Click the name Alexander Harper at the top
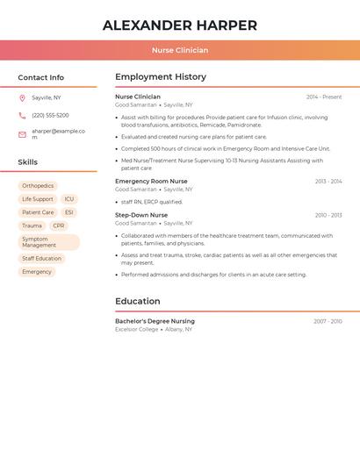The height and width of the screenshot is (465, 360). click(x=180, y=25)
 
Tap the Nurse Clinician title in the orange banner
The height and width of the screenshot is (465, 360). click(x=180, y=51)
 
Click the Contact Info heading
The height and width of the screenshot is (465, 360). click(x=41, y=77)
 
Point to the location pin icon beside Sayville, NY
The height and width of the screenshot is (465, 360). click(x=22, y=97)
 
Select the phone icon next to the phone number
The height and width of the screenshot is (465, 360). click(x=22, y=115)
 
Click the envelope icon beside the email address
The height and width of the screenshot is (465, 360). click(x=22, y=134)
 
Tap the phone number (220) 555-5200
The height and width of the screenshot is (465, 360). click(x=50, y=115)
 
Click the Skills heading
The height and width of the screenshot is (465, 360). click(x=28, y=162)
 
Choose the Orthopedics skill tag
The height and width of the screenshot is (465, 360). click(x=38, y=186)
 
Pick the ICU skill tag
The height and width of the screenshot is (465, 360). click(x=69, y=199)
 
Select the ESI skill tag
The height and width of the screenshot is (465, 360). click(x=69, y=212)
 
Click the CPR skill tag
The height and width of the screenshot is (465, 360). click(x=59, y=225)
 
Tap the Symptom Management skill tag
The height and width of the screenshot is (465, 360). click(x=48, y=242)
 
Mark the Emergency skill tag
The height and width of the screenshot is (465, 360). click(x=37, y=272)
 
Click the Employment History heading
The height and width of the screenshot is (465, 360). click(x=161, y=77)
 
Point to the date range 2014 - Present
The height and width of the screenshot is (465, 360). click(x=324, y=97)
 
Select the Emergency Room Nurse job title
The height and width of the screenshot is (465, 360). click(x=151, y=181)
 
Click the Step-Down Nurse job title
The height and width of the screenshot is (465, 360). click(x=141, y=215)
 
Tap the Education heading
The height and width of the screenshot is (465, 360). click(x=138, y=301)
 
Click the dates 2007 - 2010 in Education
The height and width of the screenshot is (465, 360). click(x=328, y=321)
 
